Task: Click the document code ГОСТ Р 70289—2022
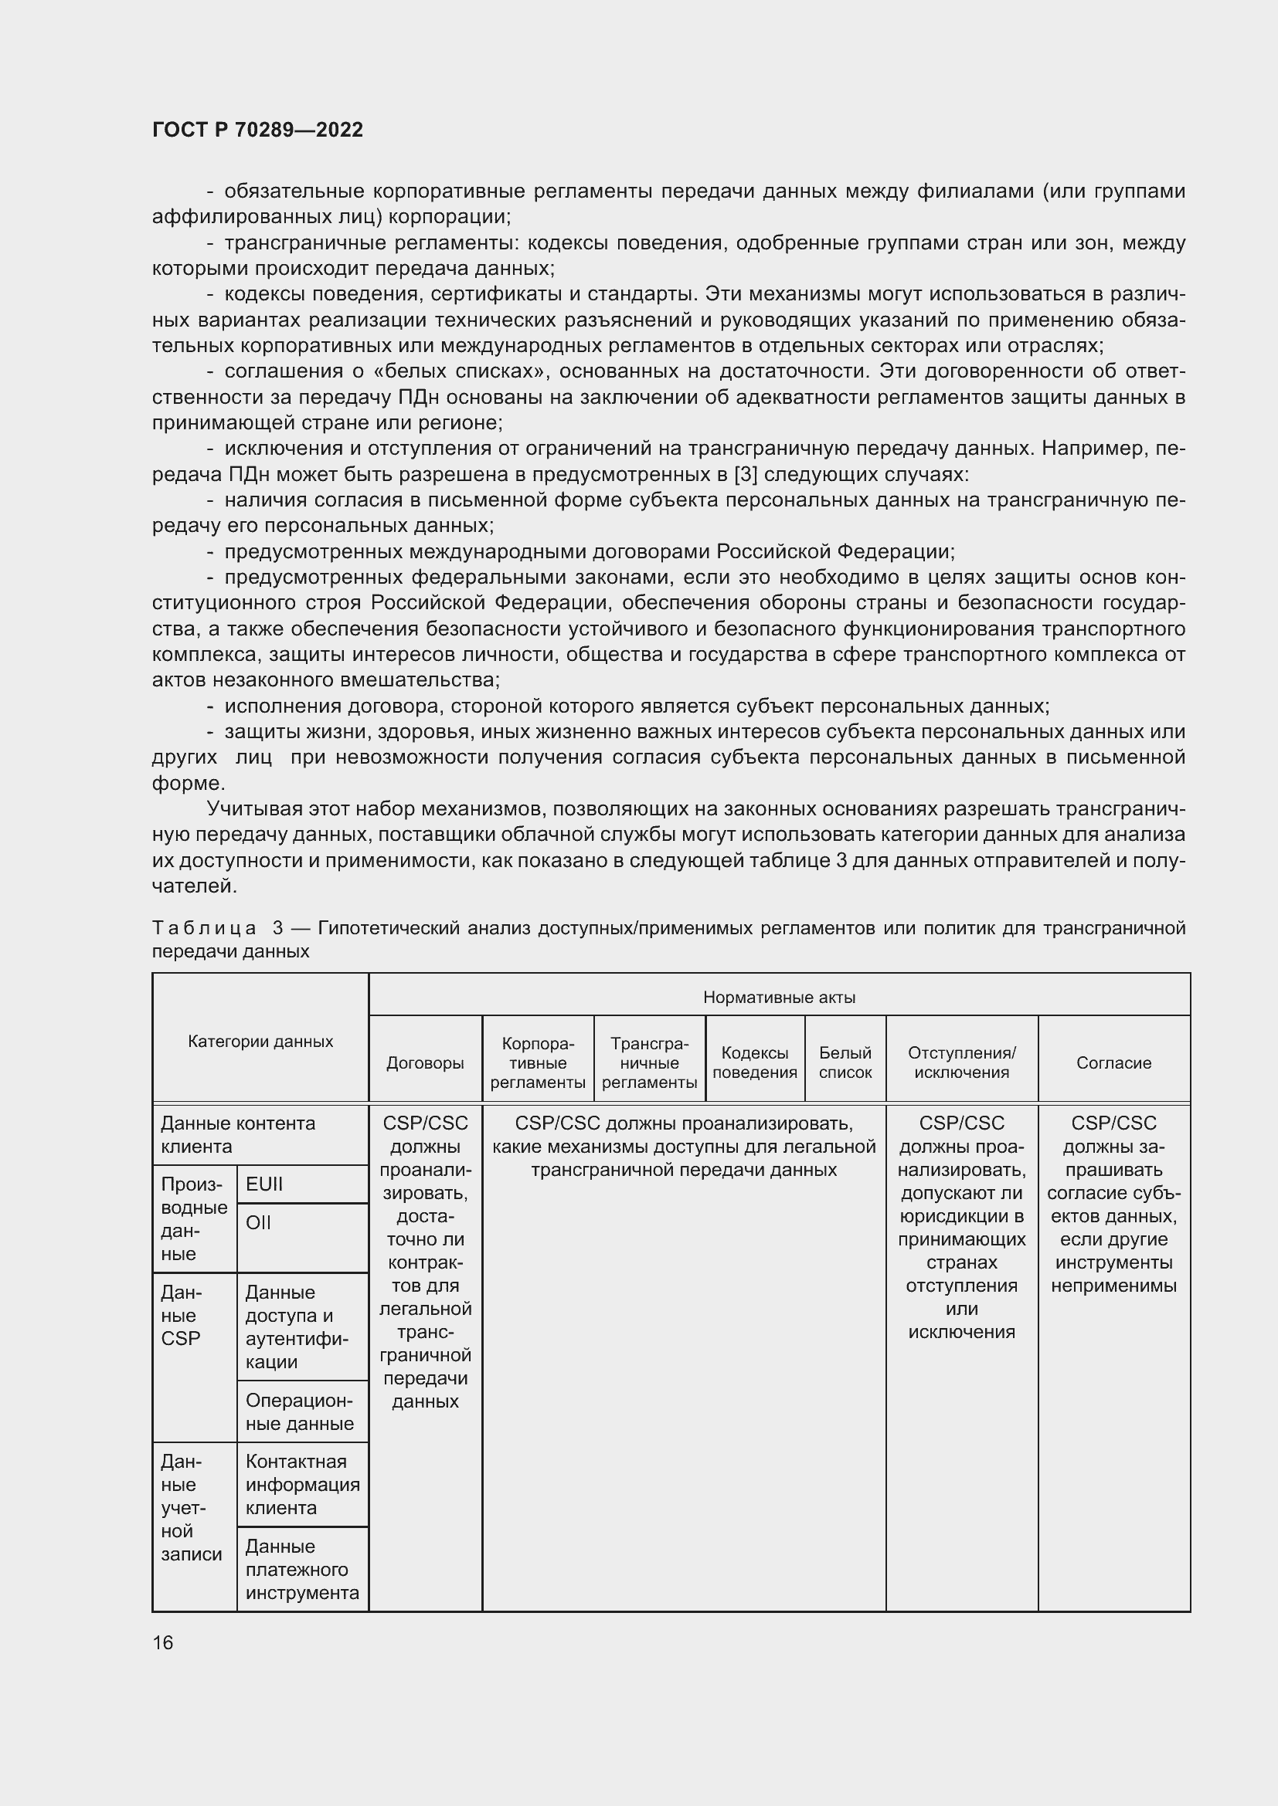tap(257, 130)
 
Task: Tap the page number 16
tap(163, 1642)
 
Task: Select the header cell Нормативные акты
tap(778, 998)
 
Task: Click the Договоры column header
tap(425, 1062)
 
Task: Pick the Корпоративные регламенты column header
tap(538, 1062)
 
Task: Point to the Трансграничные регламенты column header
tap(649, 1062)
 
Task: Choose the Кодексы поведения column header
tap(755, 1062)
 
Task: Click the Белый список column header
tap(845, 1062)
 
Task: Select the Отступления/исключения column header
tap(961, 1062)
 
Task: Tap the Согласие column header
tap(1113, 1062)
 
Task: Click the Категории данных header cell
tap(260, 1041)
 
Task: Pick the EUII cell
tap(264, 1184)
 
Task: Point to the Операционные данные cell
tap(299, 1412)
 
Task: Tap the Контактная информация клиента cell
tap(302, 1484)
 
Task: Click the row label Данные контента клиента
tap(238, 1134)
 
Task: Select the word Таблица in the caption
tap(204, 928)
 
